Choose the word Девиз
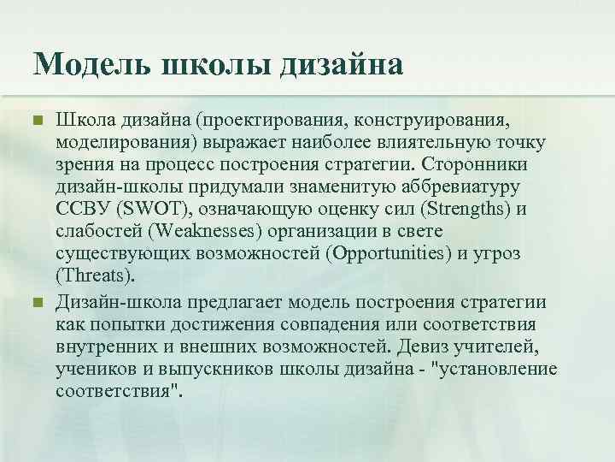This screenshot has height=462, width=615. click(x=430, y=346)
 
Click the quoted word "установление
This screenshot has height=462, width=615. click(x=496, y=370)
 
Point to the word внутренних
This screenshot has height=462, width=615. click(x=108, y=346)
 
